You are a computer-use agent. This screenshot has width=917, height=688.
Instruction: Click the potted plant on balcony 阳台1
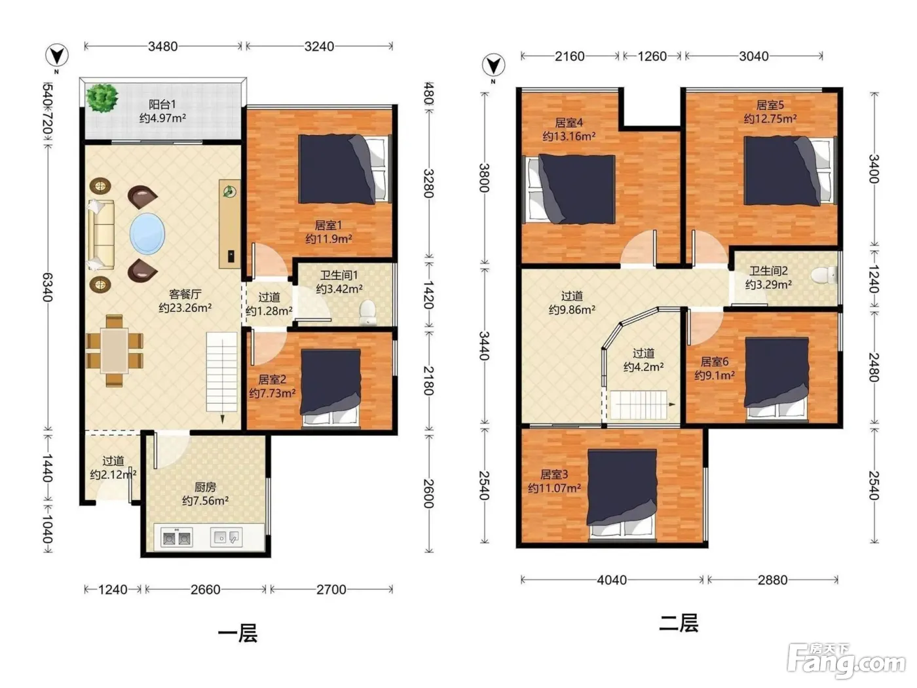[x=102, y=98]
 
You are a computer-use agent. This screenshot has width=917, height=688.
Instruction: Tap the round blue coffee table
[x=147, y=233]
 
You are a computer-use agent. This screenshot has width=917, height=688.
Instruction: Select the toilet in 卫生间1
[x=367, y=312]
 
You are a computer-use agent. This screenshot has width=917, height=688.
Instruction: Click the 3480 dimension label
[x=163, y=47]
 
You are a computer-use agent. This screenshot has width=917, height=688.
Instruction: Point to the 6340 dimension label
[x=48, y=288]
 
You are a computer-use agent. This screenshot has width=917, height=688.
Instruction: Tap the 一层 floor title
[x=238, y=633]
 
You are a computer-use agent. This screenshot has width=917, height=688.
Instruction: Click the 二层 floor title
[x=679, y=623]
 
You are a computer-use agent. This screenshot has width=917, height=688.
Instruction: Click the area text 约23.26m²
[x=185, y=308]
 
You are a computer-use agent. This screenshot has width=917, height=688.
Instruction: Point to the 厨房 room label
[x=205, y=487]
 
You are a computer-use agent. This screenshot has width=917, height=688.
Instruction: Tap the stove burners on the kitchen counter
[x=177, y=537]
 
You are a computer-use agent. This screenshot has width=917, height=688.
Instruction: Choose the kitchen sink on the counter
[x=226, y=537]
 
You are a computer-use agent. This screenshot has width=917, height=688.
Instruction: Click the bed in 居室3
[x=622, y=495]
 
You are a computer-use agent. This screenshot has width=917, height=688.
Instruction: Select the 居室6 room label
[x=715, y=361]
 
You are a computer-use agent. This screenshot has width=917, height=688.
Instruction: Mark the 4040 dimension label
[x=612, y=580]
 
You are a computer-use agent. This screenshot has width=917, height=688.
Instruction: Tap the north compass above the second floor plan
[x=493, y=66]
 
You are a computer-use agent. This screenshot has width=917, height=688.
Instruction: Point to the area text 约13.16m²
[x=569, y=136]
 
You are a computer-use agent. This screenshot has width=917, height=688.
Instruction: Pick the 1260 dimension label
[x=652, y=56]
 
